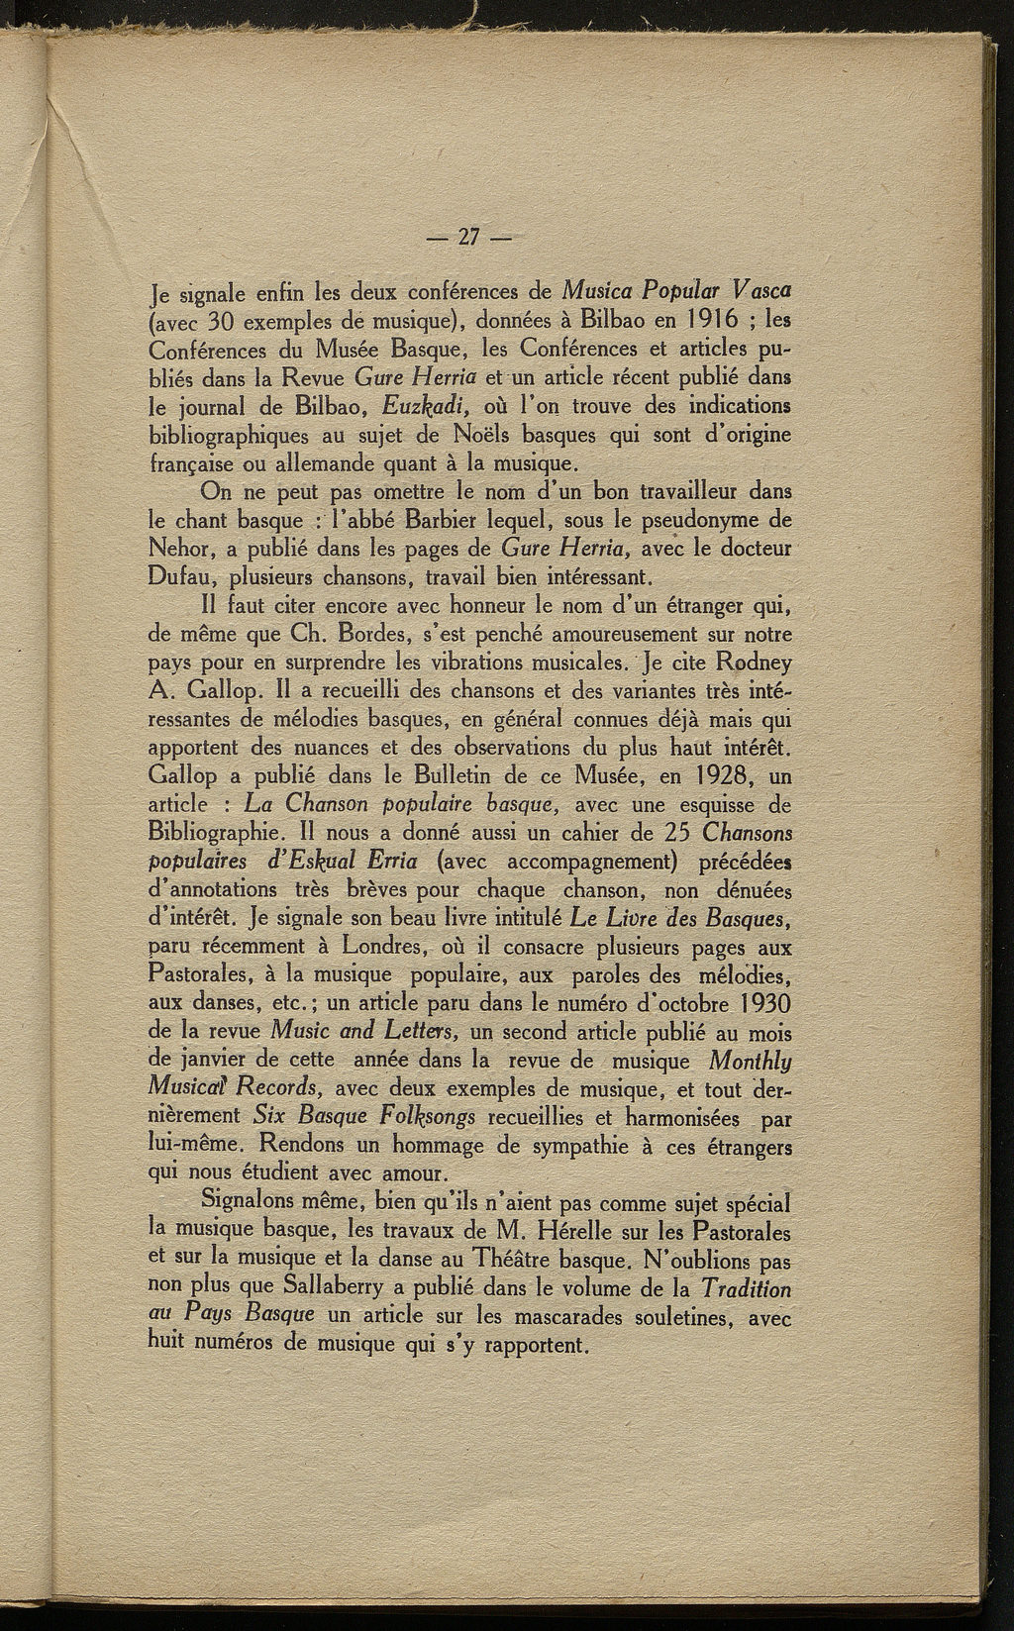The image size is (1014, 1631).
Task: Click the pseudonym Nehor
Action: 182,548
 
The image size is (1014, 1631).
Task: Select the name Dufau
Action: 183,576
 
